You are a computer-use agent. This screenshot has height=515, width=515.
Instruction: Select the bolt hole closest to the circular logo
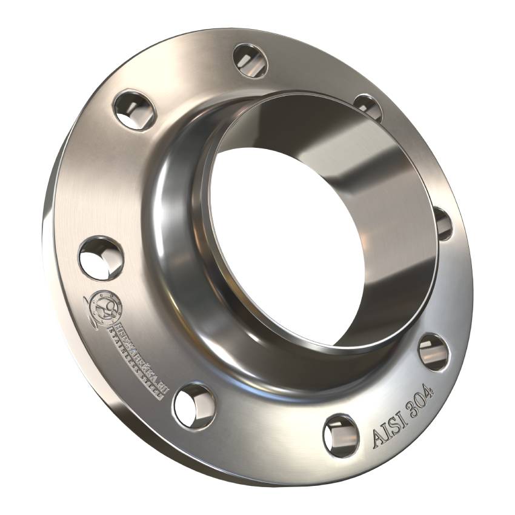(101, 257)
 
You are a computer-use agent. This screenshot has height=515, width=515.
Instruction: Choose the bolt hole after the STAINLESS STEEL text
(193, 406)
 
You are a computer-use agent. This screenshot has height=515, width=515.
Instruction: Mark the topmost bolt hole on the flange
(250, 61)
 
